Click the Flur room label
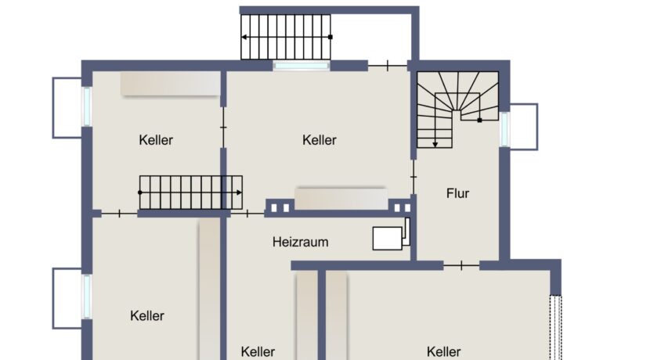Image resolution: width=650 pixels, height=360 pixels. click(458, 193)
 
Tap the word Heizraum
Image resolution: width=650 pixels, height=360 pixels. click(300, 242)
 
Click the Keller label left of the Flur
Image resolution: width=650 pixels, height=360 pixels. click(320, 140)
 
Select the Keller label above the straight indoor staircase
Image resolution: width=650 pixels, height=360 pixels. click(156, 140)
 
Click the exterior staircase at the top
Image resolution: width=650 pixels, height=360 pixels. click(285, 37)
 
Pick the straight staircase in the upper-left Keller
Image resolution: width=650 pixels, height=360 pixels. click(190, 192)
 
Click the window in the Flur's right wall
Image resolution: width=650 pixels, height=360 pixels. click(504, 128)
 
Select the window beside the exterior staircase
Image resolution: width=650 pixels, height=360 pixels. click(302, 66)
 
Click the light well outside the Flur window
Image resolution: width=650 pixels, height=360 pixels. click(524, 126)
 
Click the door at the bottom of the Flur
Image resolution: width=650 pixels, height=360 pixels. click(461, 265)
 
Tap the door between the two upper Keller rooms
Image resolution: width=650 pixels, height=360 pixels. click(224, 126)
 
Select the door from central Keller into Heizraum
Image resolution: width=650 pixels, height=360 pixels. click(247, 213)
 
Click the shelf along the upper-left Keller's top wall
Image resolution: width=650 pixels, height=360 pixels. click(170, 85)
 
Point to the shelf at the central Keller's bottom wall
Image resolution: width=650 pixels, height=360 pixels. click(341, 198)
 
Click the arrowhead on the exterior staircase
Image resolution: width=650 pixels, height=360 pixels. click(244, 37)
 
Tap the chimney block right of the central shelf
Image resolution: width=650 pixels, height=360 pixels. click(400, 207)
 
